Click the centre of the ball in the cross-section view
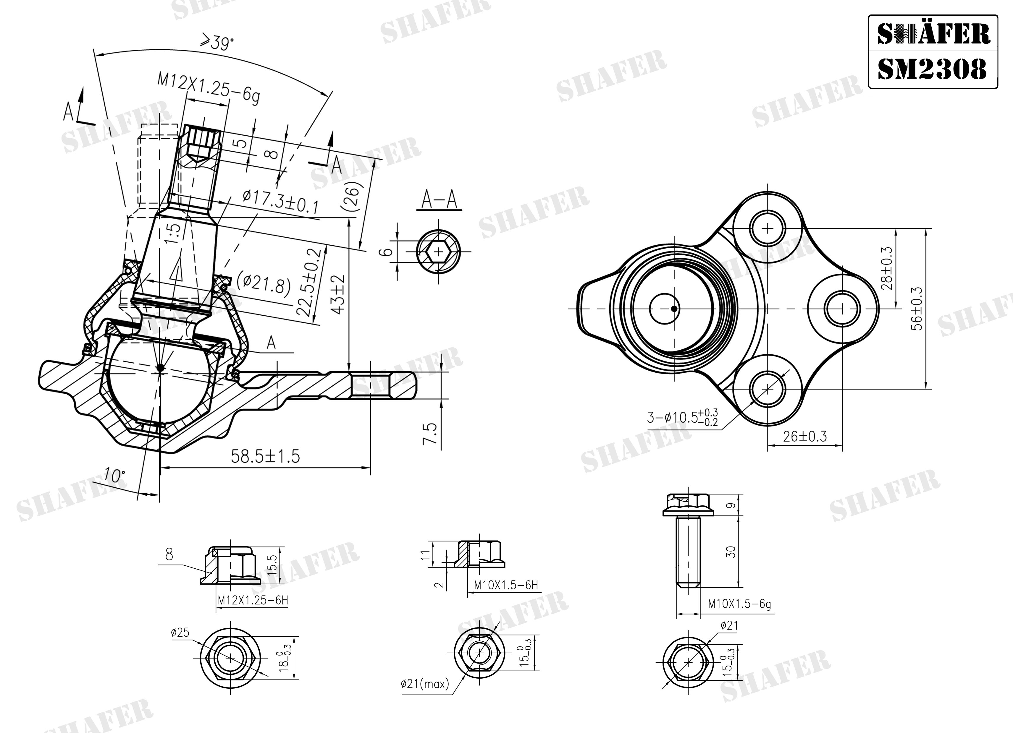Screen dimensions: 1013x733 tap(160, 367)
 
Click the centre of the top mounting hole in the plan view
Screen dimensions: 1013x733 tap(767, 228)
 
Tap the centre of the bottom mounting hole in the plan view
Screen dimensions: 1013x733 tap(767, 389)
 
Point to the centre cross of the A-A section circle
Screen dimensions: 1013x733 tap(438, 252)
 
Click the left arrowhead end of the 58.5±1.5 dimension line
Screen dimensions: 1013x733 tap(160, 467)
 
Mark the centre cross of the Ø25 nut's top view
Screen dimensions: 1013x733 tap(230, 658)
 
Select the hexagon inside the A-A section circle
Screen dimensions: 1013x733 tap(438, 252)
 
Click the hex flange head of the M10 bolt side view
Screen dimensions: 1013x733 tap(687, 505)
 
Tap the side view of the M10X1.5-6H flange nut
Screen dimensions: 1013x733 tap(479, 554)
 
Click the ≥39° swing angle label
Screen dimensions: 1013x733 tap(217, 43)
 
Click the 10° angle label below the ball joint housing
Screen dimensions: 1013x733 tap(115, 476)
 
